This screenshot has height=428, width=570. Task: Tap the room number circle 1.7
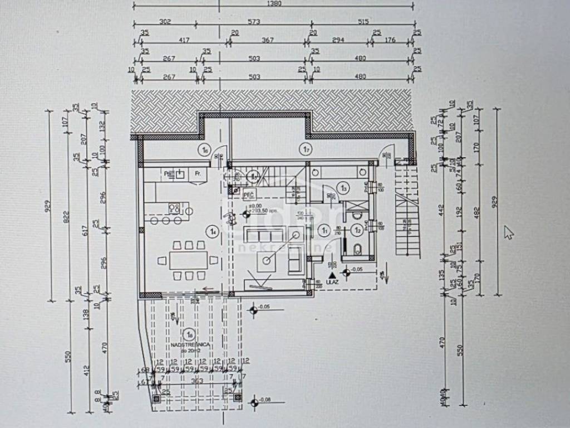(304, 149)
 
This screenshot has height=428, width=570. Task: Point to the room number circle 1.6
(205, 149)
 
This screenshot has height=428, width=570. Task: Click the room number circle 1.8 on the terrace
(190, 335)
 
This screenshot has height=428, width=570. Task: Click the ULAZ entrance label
(332, 283)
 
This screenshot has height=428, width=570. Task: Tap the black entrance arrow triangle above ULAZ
(332, 275)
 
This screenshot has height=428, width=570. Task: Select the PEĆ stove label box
(249, 194)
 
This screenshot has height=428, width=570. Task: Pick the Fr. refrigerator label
(197, 174)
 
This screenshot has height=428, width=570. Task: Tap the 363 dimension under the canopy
(197, 381)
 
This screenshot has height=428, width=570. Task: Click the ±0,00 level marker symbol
(245, 212)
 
